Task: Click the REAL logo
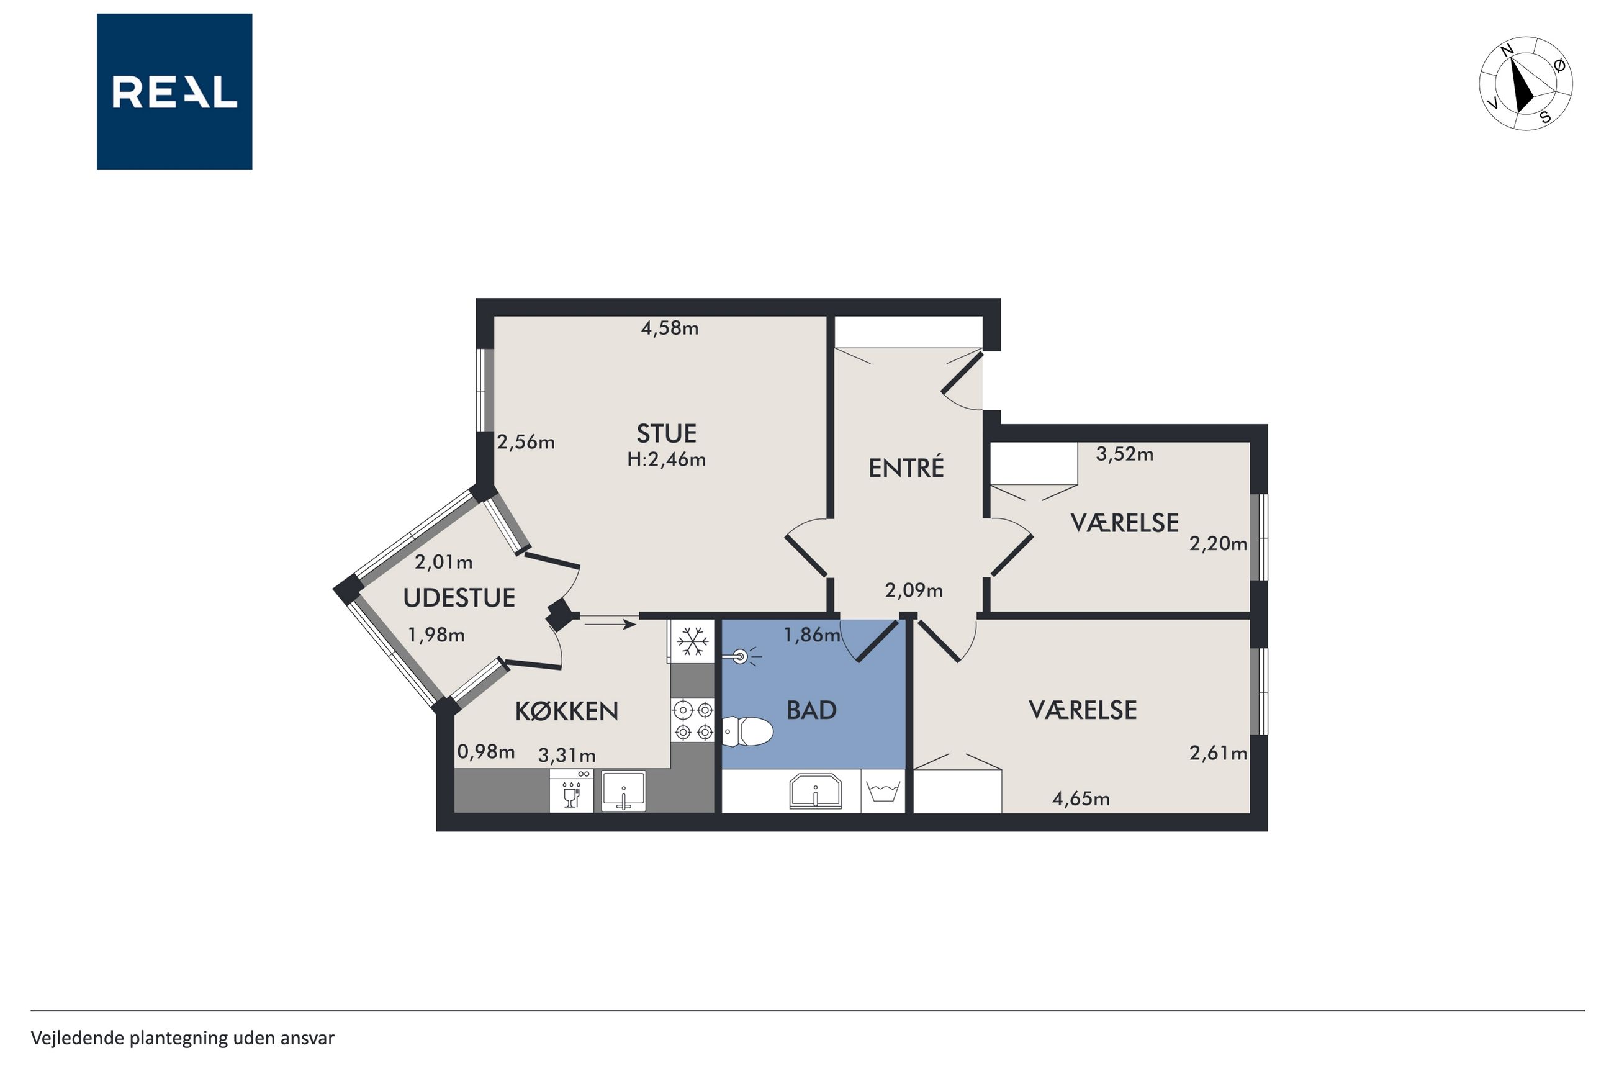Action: pyautogui.click(x=174, y=91)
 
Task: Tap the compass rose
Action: pyautogui.click(x=1525, y=84)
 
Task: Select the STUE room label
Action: pyautogui.click(x=666, y=434)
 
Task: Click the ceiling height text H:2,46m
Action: pyautogui.click(x=666, y=459)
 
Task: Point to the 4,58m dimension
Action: pyautogui.click(x=669, y=328)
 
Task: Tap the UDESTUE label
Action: pyautogui.click(x=459, y=598)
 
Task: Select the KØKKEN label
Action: pyautogui.click(x=567, y=711)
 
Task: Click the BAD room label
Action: pyautogui.click(x=811, y=710)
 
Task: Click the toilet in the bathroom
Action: pyautogui.click(x=747, y=731)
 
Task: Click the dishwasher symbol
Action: pyautogui.click(x=571, y=790)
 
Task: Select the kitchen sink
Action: pyautogui.click(x=623, y=790)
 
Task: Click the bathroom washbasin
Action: pyautogui.click(x=815, y=790)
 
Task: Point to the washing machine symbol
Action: pyautogui.click(x=883, y=791)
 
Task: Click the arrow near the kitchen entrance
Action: pyautogui.click(x=610, y=625)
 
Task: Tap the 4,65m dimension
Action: pyautogui.click(x=1080, y=798)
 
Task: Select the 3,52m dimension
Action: pyautogui.click(x=1124, y=454)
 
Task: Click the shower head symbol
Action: pyautogui.click(x=742, y=658)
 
